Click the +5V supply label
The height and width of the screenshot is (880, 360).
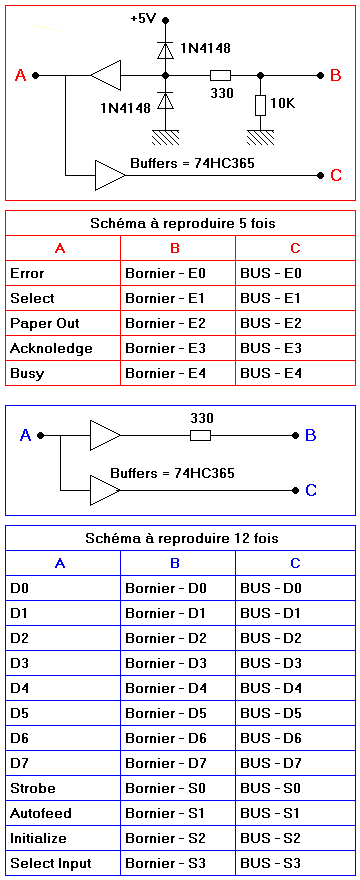click(143, 19)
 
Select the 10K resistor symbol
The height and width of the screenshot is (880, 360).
click(260, 105)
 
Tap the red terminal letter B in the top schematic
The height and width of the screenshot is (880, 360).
click(336, 75)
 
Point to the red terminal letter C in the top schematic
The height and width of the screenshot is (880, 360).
click(336, 176)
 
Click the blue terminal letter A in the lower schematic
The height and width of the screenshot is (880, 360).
click(25, 435)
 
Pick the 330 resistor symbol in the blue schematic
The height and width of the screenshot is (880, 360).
click(200, 435)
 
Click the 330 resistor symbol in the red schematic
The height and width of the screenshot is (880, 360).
click(220, 75)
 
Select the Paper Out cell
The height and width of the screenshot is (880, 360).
click(63, 323)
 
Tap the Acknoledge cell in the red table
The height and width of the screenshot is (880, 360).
click(63, 349)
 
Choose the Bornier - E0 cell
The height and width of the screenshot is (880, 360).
click(178, 274)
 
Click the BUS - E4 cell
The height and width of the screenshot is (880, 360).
click(295, 373)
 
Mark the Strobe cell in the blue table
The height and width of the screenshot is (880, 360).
click(63, 788)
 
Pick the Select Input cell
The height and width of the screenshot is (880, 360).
click(63, 863)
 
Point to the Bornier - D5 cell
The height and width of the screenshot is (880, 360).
click(178, 713)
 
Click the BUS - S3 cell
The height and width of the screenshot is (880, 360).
click(295, 863)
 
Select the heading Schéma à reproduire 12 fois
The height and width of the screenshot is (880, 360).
click(182, 539)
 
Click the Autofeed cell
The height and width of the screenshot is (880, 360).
click(63, 813)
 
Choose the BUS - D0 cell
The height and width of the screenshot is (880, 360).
click(295, 589)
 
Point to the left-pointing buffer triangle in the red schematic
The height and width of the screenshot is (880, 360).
click(106, 75)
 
